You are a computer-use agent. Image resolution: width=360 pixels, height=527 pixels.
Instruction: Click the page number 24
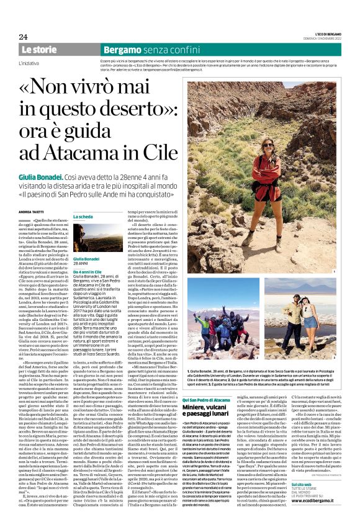23,36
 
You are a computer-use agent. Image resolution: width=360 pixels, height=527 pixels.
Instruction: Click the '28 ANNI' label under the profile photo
82,263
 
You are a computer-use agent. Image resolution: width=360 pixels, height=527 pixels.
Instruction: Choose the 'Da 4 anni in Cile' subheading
91,271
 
